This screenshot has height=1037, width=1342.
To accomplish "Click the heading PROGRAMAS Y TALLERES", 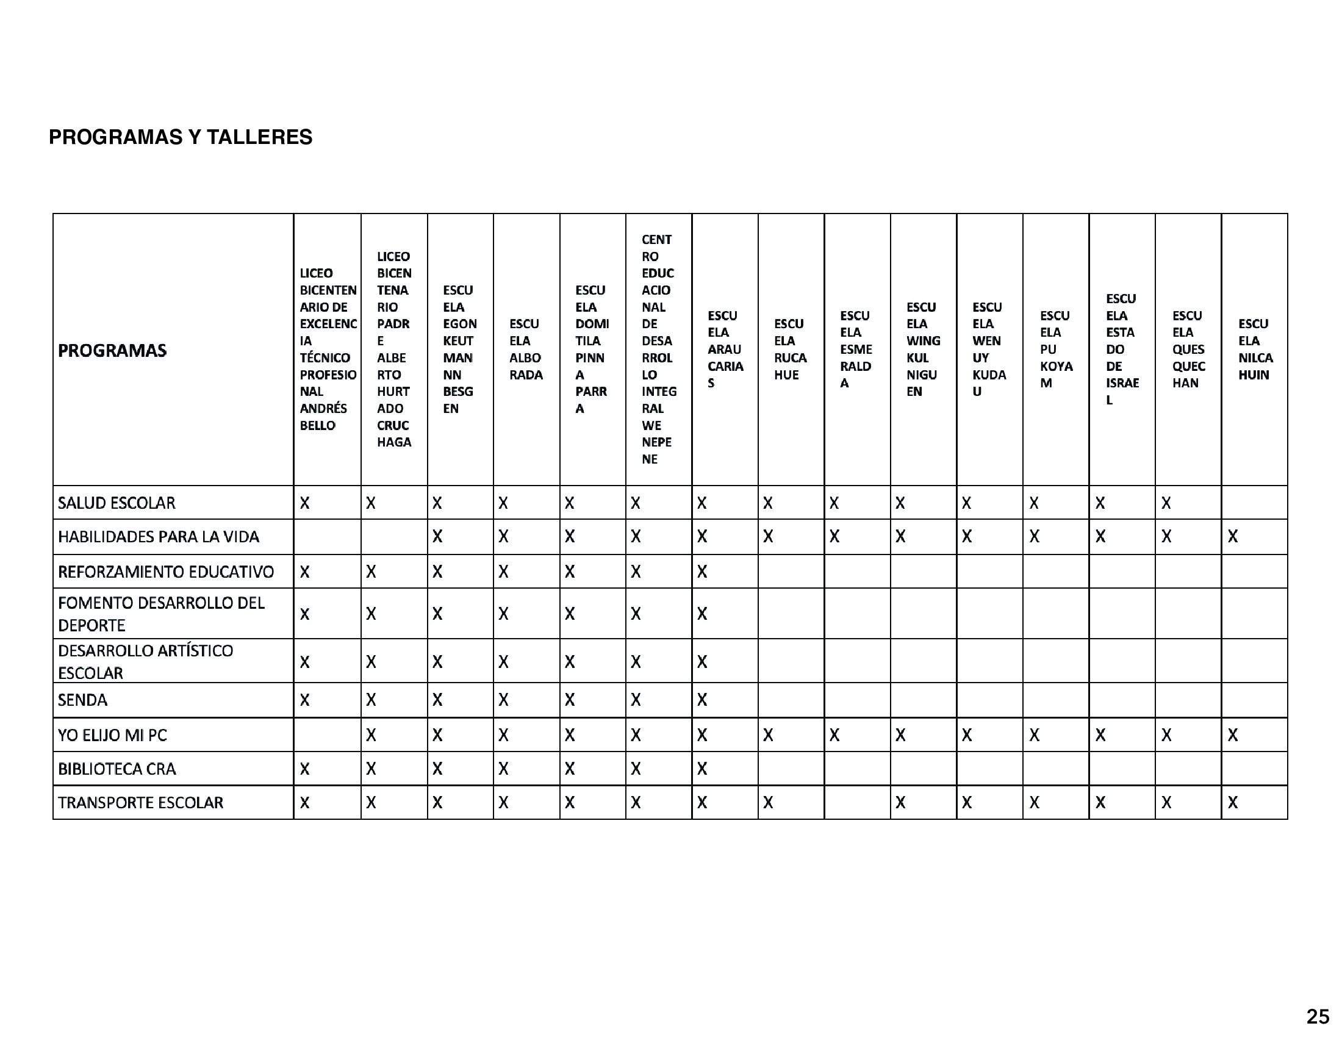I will pos(180,137).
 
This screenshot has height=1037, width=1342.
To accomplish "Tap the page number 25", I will pos(1318,1017).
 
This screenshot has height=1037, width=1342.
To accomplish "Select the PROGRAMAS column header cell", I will pos(112,351).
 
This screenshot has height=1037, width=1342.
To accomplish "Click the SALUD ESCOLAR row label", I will pos(117,503).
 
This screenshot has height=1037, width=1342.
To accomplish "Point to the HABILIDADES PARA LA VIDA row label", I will pos(159,537).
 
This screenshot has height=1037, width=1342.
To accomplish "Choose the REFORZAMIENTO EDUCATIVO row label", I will pos(166,572).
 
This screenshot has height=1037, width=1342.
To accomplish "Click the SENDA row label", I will pos(82,700).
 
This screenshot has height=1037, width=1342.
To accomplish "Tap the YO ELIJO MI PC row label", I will pos(112,736).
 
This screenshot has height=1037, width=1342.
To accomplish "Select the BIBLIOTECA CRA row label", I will pos(117,769).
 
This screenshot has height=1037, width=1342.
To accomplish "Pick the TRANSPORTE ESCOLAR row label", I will pos(140,803).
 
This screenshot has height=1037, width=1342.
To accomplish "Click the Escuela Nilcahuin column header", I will pos(1254,350).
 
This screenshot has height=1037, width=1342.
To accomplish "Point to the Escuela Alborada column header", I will pos(526,350).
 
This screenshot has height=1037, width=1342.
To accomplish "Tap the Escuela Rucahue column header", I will pos(790,350).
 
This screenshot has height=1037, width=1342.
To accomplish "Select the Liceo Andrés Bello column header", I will pos(328,350).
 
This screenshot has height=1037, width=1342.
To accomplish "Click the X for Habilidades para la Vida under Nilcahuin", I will pos(1233,537).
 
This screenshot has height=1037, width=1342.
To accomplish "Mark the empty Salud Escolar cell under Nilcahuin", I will pos(1254,503).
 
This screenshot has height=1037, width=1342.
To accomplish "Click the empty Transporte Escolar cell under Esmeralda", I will pos(857,803).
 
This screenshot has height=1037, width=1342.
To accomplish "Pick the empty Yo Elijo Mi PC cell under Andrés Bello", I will pos(328,736).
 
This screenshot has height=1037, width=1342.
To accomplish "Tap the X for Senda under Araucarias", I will pos(702,700).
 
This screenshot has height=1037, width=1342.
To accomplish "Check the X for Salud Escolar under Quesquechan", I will pos(1166,503).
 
